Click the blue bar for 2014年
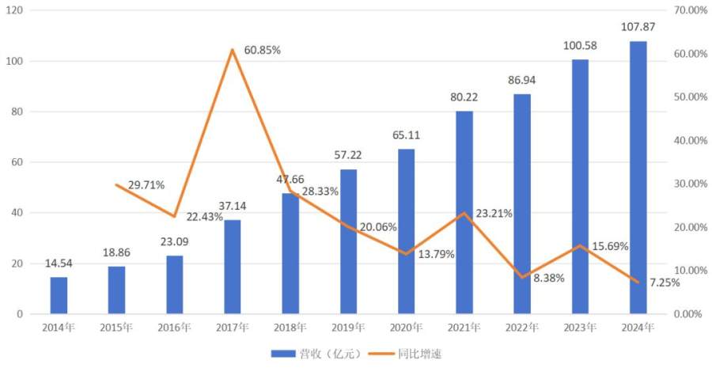tap(59, 295)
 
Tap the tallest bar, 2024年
tap(638, 177)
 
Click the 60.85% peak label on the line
tap(263, 50)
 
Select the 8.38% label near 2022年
tap(545, 279)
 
